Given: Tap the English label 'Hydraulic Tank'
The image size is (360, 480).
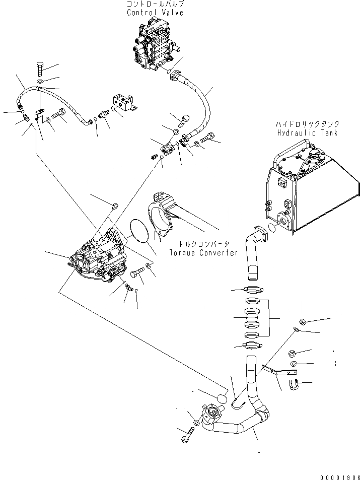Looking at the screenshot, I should tap(307, 132).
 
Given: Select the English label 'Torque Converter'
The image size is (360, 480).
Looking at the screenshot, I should tap(203, 253).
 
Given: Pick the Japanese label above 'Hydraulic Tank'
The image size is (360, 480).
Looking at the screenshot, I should tap(307, 124).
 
